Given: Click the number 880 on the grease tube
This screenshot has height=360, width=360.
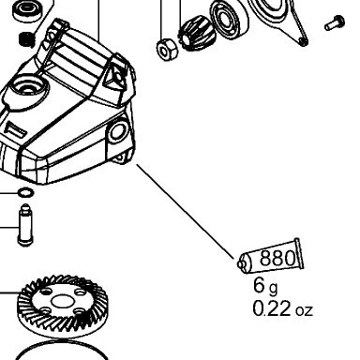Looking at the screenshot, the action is (277, 258).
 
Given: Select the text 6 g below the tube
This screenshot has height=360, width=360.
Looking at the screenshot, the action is (265, 286).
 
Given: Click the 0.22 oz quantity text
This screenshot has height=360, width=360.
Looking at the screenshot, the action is (282, 308).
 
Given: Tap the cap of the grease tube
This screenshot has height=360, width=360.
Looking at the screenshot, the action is (242, 264).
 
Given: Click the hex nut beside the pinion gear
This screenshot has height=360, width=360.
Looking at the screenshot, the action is (167, 49).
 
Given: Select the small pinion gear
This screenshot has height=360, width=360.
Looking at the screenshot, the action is (197, 35).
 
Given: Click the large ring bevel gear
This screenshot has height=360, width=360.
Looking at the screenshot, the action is (62, 307).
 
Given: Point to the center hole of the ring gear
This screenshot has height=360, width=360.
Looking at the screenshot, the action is (62, 302).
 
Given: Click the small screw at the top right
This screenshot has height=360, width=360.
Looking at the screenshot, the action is (335, 22).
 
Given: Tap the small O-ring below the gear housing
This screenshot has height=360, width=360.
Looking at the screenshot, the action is (25, 192).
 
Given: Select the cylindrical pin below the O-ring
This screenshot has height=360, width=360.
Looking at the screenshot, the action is (25, 225).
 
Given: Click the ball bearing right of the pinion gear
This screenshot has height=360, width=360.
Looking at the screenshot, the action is (229, 20).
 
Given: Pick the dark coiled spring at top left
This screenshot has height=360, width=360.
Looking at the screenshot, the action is (27, 39).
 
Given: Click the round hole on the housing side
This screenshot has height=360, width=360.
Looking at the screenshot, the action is (119, 131).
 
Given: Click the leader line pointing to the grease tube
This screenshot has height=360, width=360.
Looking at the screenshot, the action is (185, 212).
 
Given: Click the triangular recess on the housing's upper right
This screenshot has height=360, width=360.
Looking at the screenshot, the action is (114, 76).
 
